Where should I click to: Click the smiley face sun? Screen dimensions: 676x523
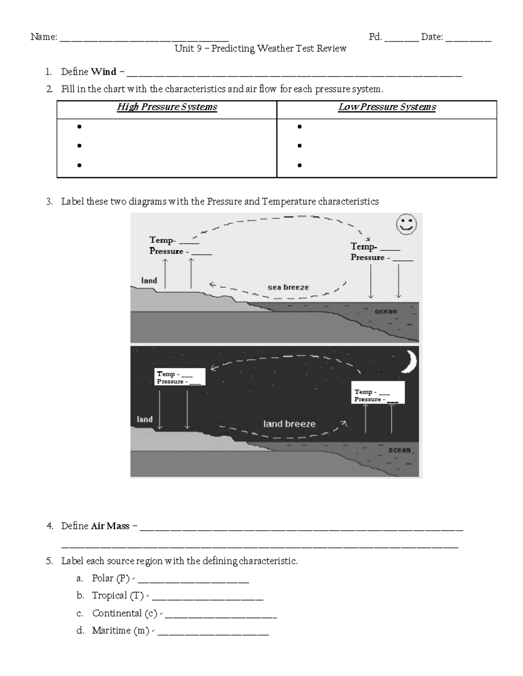coord(406,225)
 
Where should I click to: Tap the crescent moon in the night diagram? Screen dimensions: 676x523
coord(409,362)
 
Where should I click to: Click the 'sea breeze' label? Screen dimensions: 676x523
coord(288,287)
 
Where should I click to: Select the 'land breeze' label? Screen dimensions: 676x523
coord(289,424)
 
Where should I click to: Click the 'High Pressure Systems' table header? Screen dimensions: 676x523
coord(167,107)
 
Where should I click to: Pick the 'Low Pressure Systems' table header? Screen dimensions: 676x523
coord(387,107)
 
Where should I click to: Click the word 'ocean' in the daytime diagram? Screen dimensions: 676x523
coord(386,311)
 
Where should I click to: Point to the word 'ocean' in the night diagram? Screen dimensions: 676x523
coord(400,450)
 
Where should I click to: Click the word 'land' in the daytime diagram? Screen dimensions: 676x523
coord(149,281)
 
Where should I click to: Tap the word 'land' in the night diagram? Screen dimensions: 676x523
coord(145,419)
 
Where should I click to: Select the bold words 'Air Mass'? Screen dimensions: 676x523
coord(110,526)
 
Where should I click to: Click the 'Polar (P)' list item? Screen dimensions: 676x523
coord(111,578)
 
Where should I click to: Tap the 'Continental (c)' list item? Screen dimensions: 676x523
coord(125,613)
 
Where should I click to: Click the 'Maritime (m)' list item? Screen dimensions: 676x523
coord(121,631)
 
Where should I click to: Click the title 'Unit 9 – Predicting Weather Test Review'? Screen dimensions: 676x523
coord(261,48)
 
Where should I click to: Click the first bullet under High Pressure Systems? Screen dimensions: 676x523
coord(79,127)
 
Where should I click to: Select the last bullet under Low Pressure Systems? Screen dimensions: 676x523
coord(299,165)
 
